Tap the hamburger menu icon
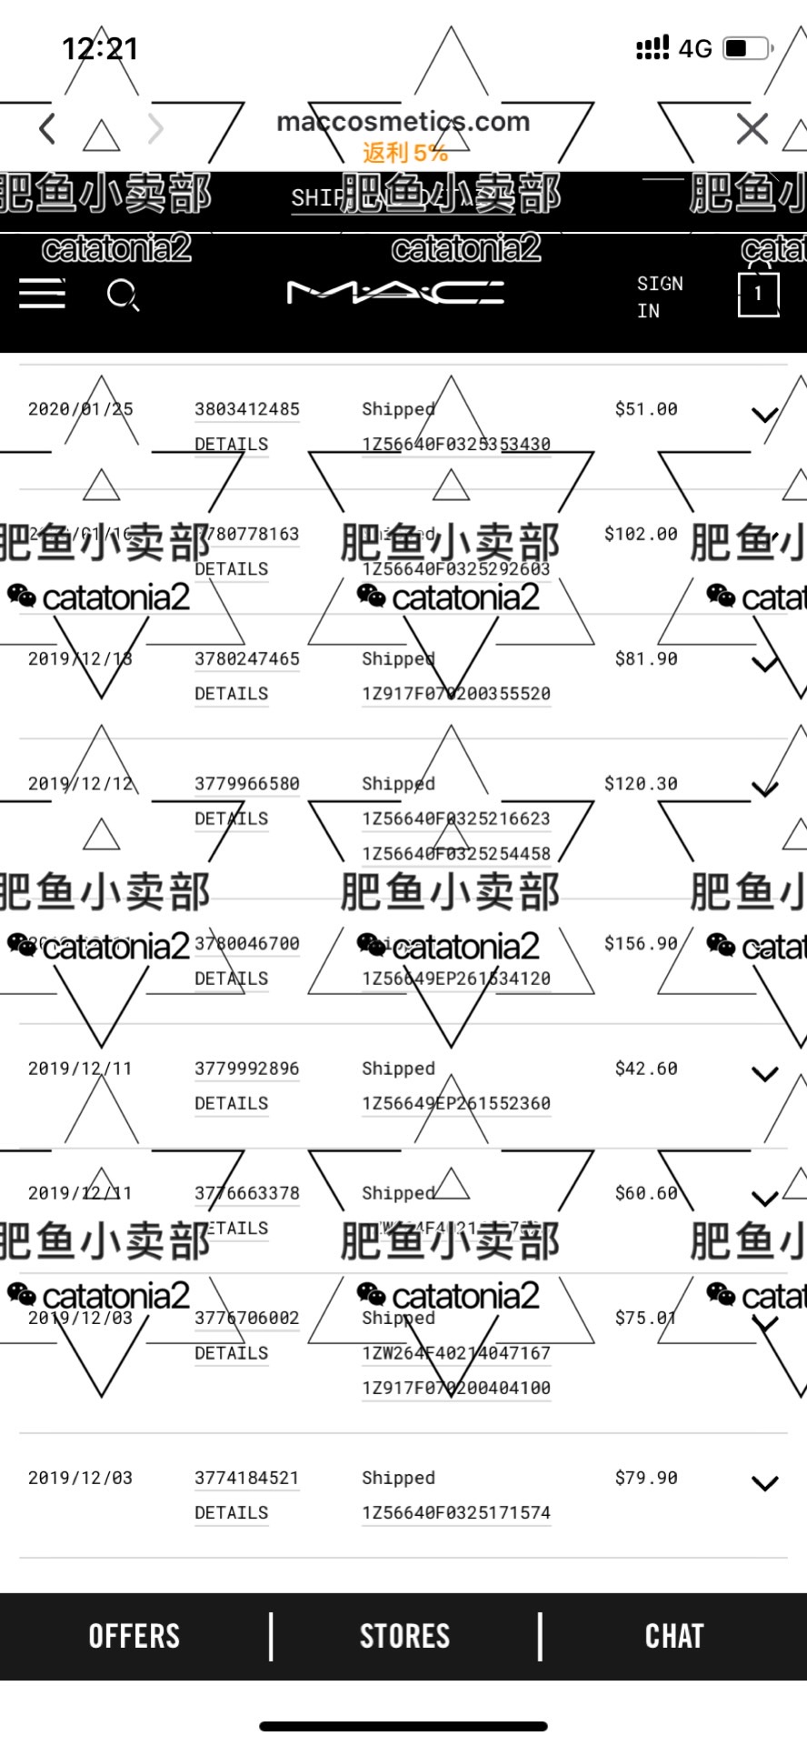(42, 294)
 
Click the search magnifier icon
(122, 295)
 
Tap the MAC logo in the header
(395, 292)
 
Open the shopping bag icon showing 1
(758, 294)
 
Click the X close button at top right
(752, 129)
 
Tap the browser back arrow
(48, 129)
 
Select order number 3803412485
(246, 409)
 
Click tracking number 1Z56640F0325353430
(456, 444)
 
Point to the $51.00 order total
(645, 409)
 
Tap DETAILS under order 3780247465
(231, 694)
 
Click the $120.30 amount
(641, 784)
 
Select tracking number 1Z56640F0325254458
(456, 853)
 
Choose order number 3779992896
(246, 1069)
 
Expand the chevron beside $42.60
(765, 1074)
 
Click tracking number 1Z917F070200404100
(456, 1388)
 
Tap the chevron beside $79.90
(765, 1483)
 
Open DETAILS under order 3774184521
(231, 1512)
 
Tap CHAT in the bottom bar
(674, 1636)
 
